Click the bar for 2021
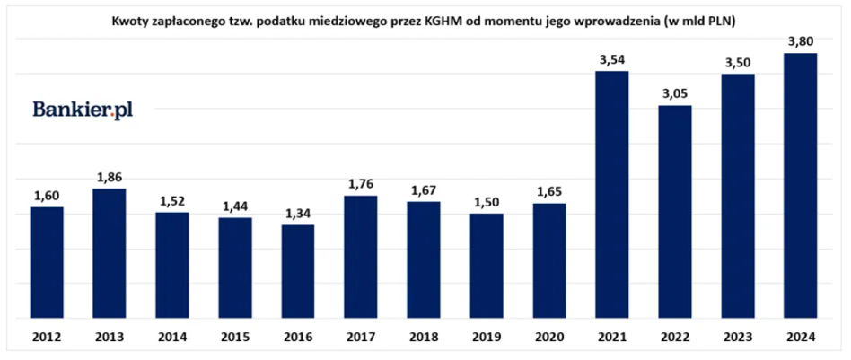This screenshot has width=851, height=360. [611, 195]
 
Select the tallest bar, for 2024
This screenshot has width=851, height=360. [800, 186]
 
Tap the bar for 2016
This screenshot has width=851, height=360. [297, 272]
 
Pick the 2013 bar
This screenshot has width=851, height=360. [109, 253]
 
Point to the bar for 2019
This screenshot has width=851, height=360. [486, 266]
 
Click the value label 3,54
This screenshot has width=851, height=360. [611, 60]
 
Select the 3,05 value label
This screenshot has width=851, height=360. [674, 94]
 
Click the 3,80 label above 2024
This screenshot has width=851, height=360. [800, 41]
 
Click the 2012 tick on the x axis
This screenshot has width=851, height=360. [46, 337]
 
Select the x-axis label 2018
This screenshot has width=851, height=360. [423, 337]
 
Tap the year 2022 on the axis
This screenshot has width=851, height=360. [674, 337]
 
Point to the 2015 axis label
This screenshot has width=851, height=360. [234, 337]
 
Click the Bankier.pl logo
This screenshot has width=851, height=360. [83, 110]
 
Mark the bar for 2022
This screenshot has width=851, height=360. [674, 212]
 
